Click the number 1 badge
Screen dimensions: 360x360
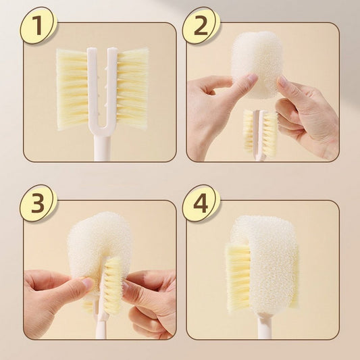38,25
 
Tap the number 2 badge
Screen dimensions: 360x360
201,25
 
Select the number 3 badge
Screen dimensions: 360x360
38,203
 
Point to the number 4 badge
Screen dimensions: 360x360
201,203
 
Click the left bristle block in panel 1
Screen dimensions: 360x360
72,90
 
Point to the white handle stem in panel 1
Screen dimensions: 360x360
102,149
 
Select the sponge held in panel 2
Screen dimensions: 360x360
257,64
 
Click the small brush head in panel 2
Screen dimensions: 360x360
260,132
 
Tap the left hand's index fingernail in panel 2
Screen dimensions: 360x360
252,78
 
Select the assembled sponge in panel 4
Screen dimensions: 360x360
266,264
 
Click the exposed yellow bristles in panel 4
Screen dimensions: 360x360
238,278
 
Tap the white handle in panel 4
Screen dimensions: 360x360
265,327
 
